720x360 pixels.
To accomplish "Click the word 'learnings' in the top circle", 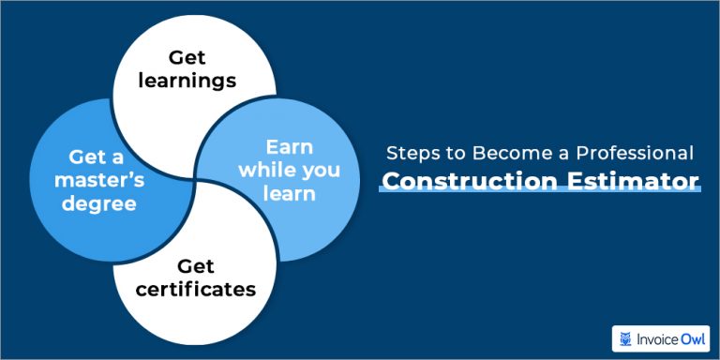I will tap(187, 81).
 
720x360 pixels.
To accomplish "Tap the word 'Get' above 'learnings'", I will tap(187, 58).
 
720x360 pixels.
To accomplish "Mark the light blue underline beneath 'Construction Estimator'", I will tap(539, 192).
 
